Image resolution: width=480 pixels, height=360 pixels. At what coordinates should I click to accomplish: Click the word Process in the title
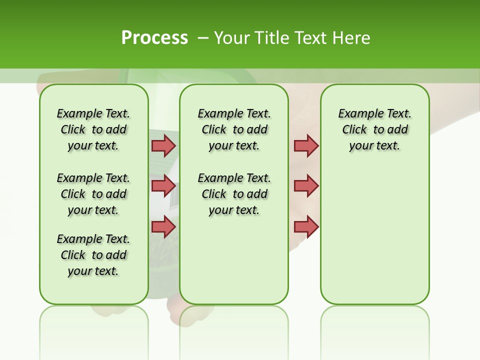(154, 38)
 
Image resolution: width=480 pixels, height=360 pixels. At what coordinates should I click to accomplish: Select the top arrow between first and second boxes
(163, 145)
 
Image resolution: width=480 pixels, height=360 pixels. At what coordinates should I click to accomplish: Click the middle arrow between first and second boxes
(163, 186)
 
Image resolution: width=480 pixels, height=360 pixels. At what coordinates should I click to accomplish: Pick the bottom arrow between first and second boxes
(163, 226)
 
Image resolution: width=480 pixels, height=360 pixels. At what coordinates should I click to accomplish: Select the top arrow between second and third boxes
(306, 145)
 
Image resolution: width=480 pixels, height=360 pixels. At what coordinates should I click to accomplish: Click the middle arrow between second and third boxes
(306, 186)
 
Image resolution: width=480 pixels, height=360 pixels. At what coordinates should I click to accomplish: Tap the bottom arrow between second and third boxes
(306, 226)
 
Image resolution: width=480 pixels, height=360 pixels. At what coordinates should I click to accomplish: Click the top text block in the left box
(93, 129)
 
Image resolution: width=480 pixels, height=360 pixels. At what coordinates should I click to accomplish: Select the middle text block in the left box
(93, 194)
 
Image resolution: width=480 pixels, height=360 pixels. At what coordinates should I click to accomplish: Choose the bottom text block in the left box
(93, 255)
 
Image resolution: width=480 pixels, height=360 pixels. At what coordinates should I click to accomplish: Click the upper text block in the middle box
(234, 129)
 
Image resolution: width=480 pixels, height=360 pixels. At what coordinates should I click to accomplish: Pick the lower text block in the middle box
(234, 194)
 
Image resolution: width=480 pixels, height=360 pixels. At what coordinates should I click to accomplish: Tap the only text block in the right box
(375, 129)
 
